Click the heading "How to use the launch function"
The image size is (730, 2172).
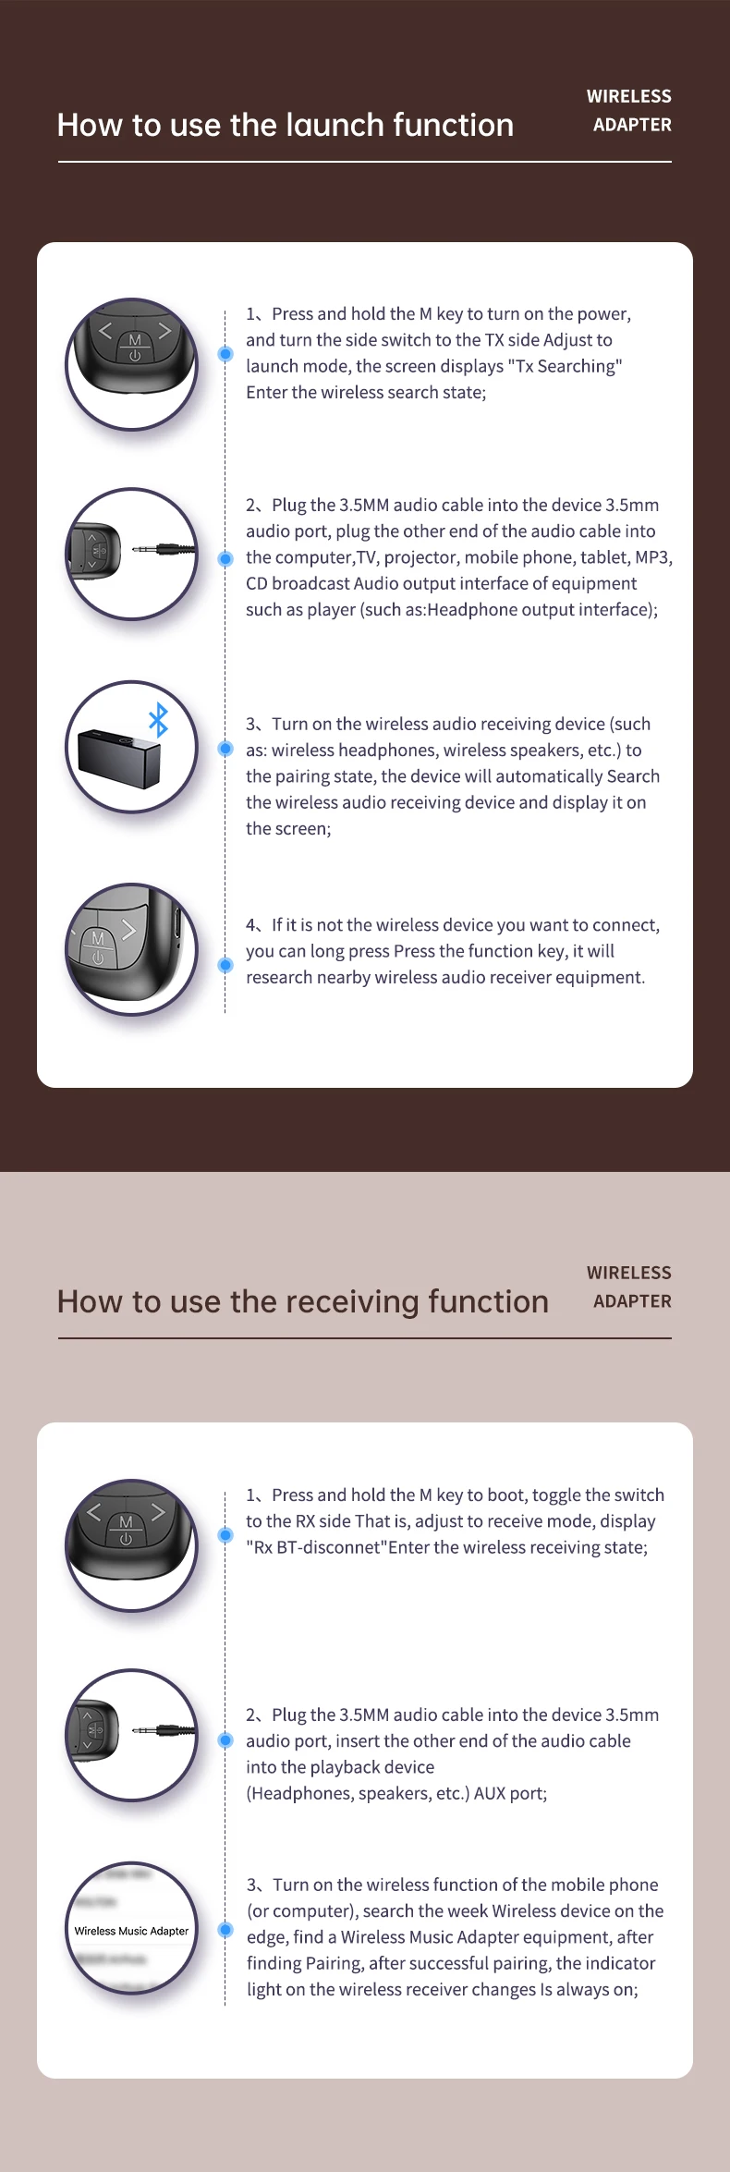tap(285, 125)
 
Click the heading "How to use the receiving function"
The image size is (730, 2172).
tap(302, 1301)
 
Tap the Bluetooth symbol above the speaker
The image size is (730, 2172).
tap(159, 719)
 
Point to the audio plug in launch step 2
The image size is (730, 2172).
tap(164, 549)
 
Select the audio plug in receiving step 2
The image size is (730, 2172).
tap(164, 1730)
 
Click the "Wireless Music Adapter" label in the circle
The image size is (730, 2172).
tap(131, 1931)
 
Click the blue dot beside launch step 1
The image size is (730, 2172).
tap(225, 354)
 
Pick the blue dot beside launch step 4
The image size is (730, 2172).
tap(225, 965)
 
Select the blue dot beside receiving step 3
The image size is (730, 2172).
tap(225, 1930)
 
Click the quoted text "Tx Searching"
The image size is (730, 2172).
tap(565, 366)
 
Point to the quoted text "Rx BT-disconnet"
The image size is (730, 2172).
tap(315, 1547)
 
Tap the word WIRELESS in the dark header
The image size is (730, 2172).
tap(629, 96)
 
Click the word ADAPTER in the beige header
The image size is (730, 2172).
tap(632, 1301)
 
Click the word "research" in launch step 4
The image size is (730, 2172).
tap(279, 977)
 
